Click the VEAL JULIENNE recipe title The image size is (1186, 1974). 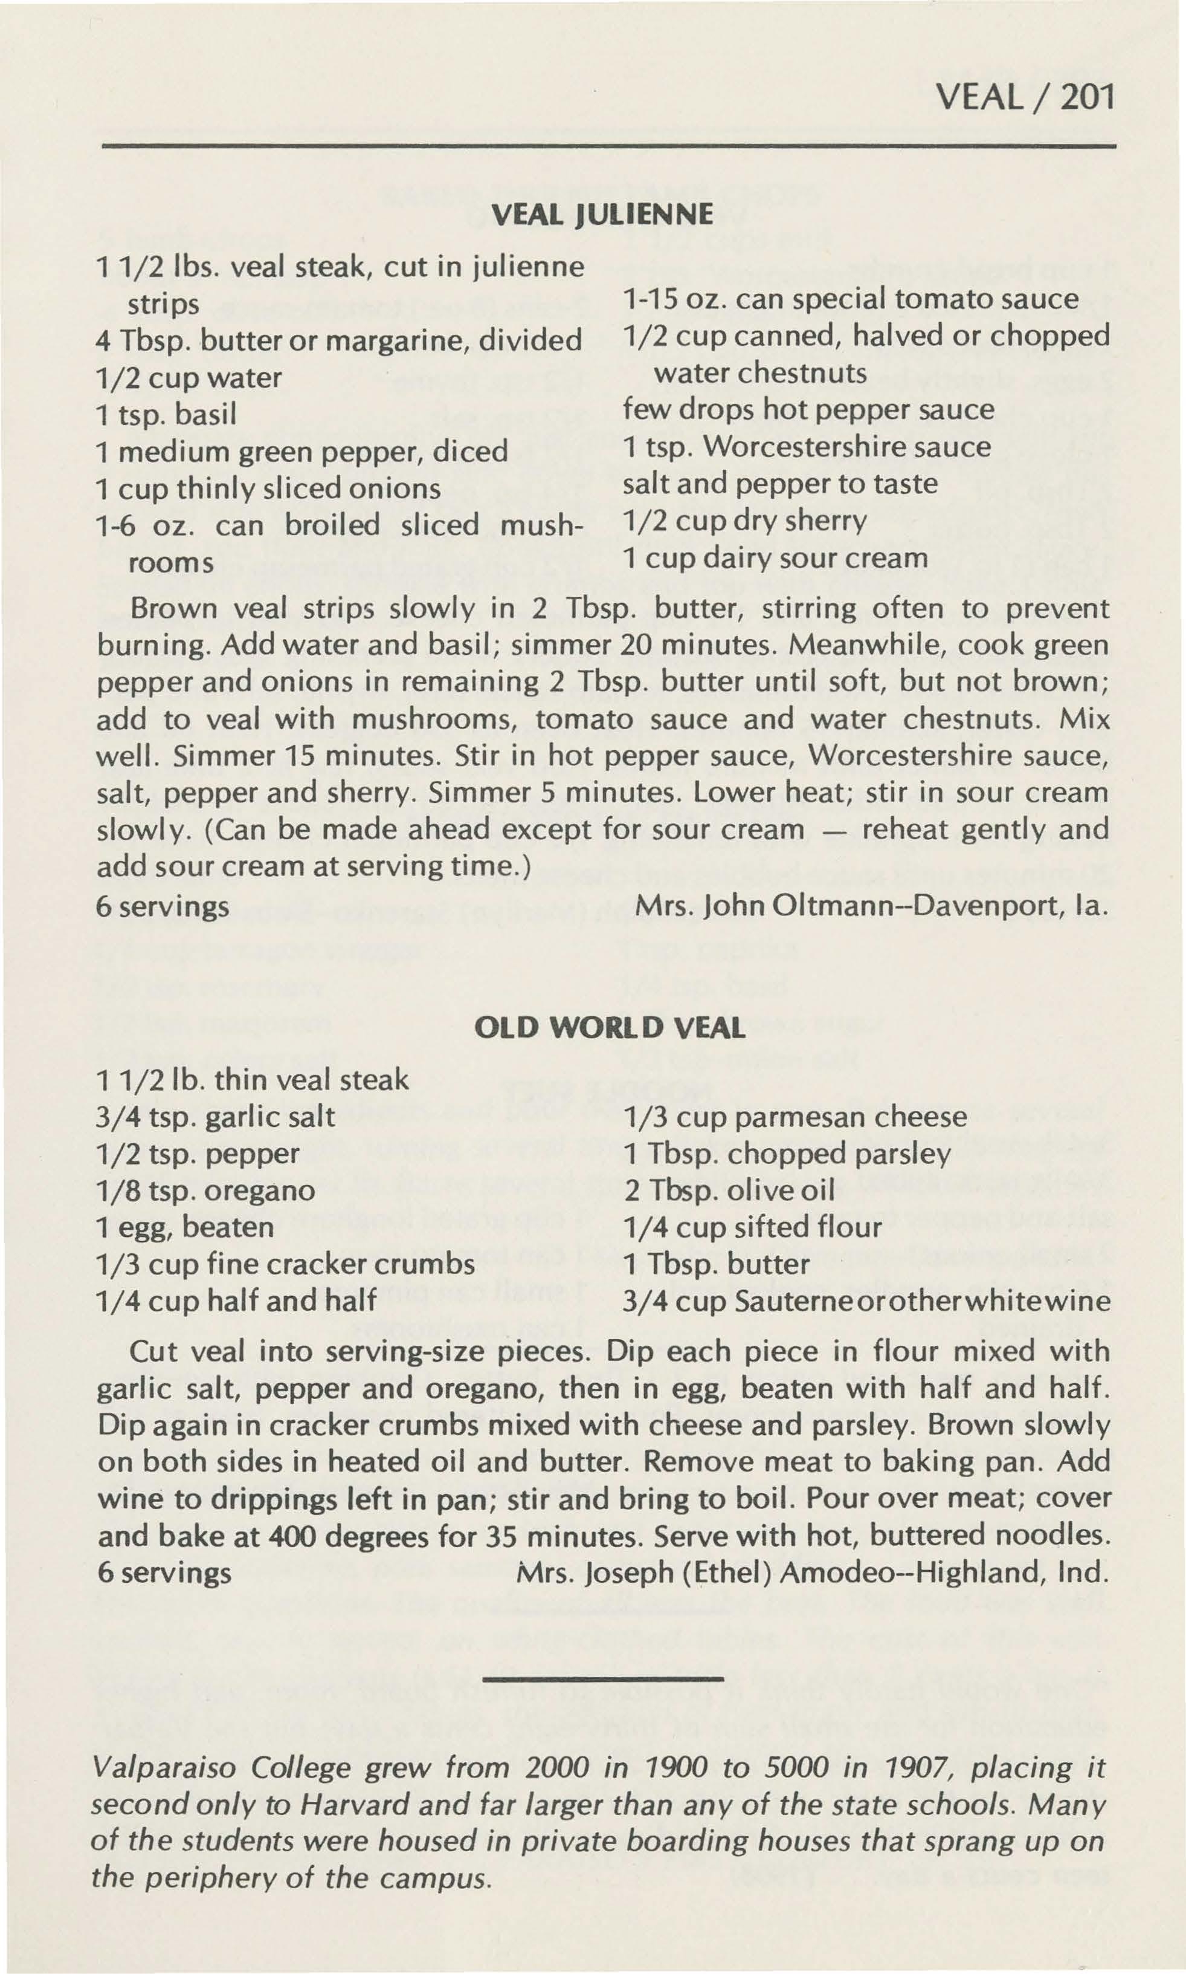coord(602,214)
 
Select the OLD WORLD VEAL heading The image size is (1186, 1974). coord(609,1027)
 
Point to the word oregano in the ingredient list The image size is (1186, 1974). coord(260,1190)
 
